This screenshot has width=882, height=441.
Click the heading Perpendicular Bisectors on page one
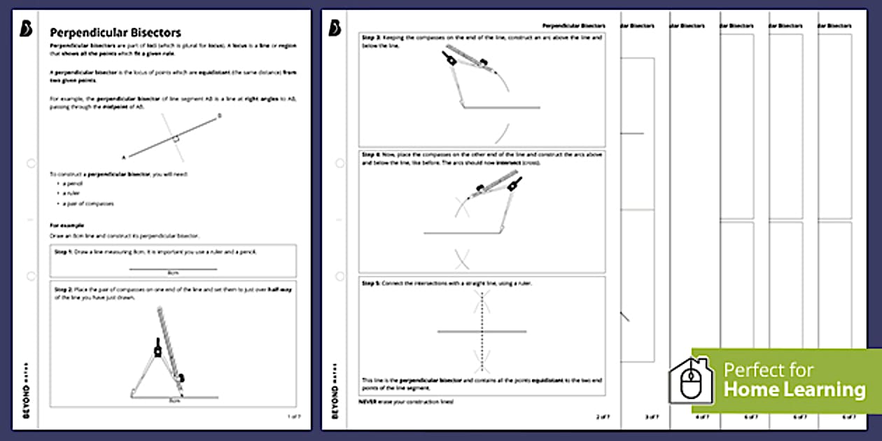pyautogui.click(x=115, y=33)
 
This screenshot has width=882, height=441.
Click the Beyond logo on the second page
pyautogui.click(x=335, y=27)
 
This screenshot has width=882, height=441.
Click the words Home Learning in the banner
pyautogui.click(x=794, y=389)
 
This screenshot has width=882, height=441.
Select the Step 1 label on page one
pyautogui.click(x=65, y=251)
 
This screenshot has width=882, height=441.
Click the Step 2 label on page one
pyautogui.click(x=65, y=288)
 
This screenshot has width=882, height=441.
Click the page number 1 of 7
pyautogui.click(x=294, y=416)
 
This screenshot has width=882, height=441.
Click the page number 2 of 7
pyautogui.click(x=602, y=417)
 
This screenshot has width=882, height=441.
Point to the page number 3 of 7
pyautogui.click(x=651, y=417)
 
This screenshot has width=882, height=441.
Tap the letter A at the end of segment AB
pyautogui.click(x=124, y=157)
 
